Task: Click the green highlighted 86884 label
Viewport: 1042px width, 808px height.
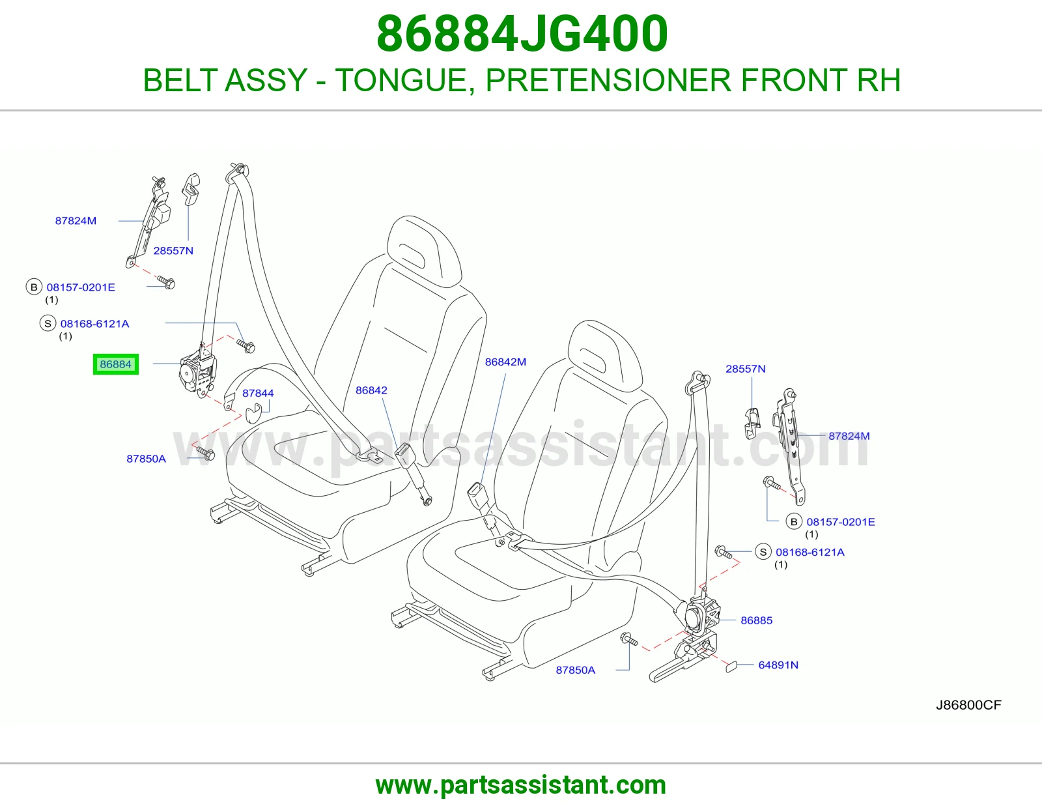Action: [x=115, y=364]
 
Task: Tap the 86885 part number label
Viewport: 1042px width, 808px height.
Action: [x=756, y=620]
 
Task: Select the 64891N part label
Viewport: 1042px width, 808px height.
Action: [x=778, y=665]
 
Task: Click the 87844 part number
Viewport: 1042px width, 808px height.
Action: [x=258, y=393]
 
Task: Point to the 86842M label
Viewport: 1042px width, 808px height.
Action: [x=505, y=362]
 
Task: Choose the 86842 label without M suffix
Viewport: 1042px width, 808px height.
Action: [x=371, y=390]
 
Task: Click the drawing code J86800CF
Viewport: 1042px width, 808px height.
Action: [x=968, y=705]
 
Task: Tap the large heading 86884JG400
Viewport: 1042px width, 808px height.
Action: [x=522, y=34]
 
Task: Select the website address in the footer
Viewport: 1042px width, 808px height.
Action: [x=521, y=785]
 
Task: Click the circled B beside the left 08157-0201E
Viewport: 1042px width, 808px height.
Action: [x=34, y=287]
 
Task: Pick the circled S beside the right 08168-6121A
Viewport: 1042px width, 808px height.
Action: [x=763, y=552]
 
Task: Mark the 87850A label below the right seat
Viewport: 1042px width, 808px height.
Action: [x=576, y=670]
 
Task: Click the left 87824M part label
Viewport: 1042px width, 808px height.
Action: [x=76, y=221]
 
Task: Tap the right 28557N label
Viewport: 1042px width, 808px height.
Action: [x=745, y=369]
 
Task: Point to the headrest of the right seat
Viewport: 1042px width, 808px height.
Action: [x=604, y=355]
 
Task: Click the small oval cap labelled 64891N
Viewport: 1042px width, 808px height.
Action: [x=731, y=666]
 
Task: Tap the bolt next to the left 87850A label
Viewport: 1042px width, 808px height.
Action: [x=206, y=452]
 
